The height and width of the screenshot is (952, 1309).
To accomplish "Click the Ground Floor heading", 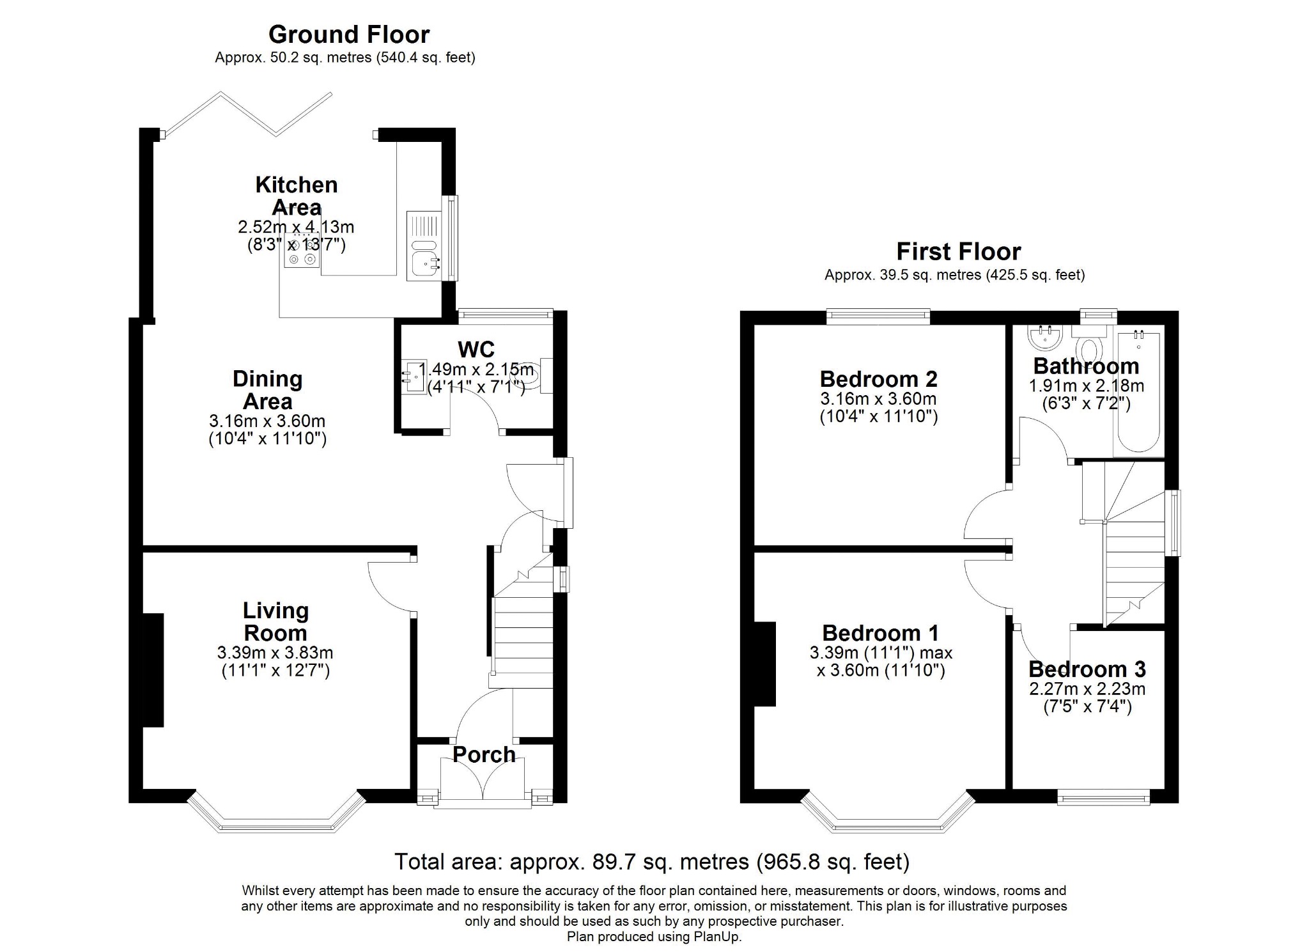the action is (x=349, y=34).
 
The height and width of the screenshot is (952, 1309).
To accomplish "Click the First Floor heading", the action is (x=958, y=251).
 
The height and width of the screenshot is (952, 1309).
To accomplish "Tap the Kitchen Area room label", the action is (x=297, y=196).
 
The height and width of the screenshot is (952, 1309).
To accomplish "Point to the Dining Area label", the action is (x=267, y=390).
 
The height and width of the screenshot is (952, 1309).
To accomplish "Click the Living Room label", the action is (x=275, y=621).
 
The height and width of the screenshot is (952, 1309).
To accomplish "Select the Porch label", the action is (x=484, y=754).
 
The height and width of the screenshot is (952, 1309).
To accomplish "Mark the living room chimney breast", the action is (x=153, y=670).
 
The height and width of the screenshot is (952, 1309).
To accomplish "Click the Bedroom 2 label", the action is (x=878, y=378).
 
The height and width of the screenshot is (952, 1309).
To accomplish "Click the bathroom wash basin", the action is (x=1045, y=337).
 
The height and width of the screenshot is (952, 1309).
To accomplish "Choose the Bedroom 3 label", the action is (x=1087, y=669).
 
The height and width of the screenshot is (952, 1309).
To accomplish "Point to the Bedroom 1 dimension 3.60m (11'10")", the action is (x=881, y=671).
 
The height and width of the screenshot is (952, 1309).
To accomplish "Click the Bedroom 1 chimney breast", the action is (x=765, y=664).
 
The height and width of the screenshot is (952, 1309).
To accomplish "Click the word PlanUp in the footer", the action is (x=718, y=937).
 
